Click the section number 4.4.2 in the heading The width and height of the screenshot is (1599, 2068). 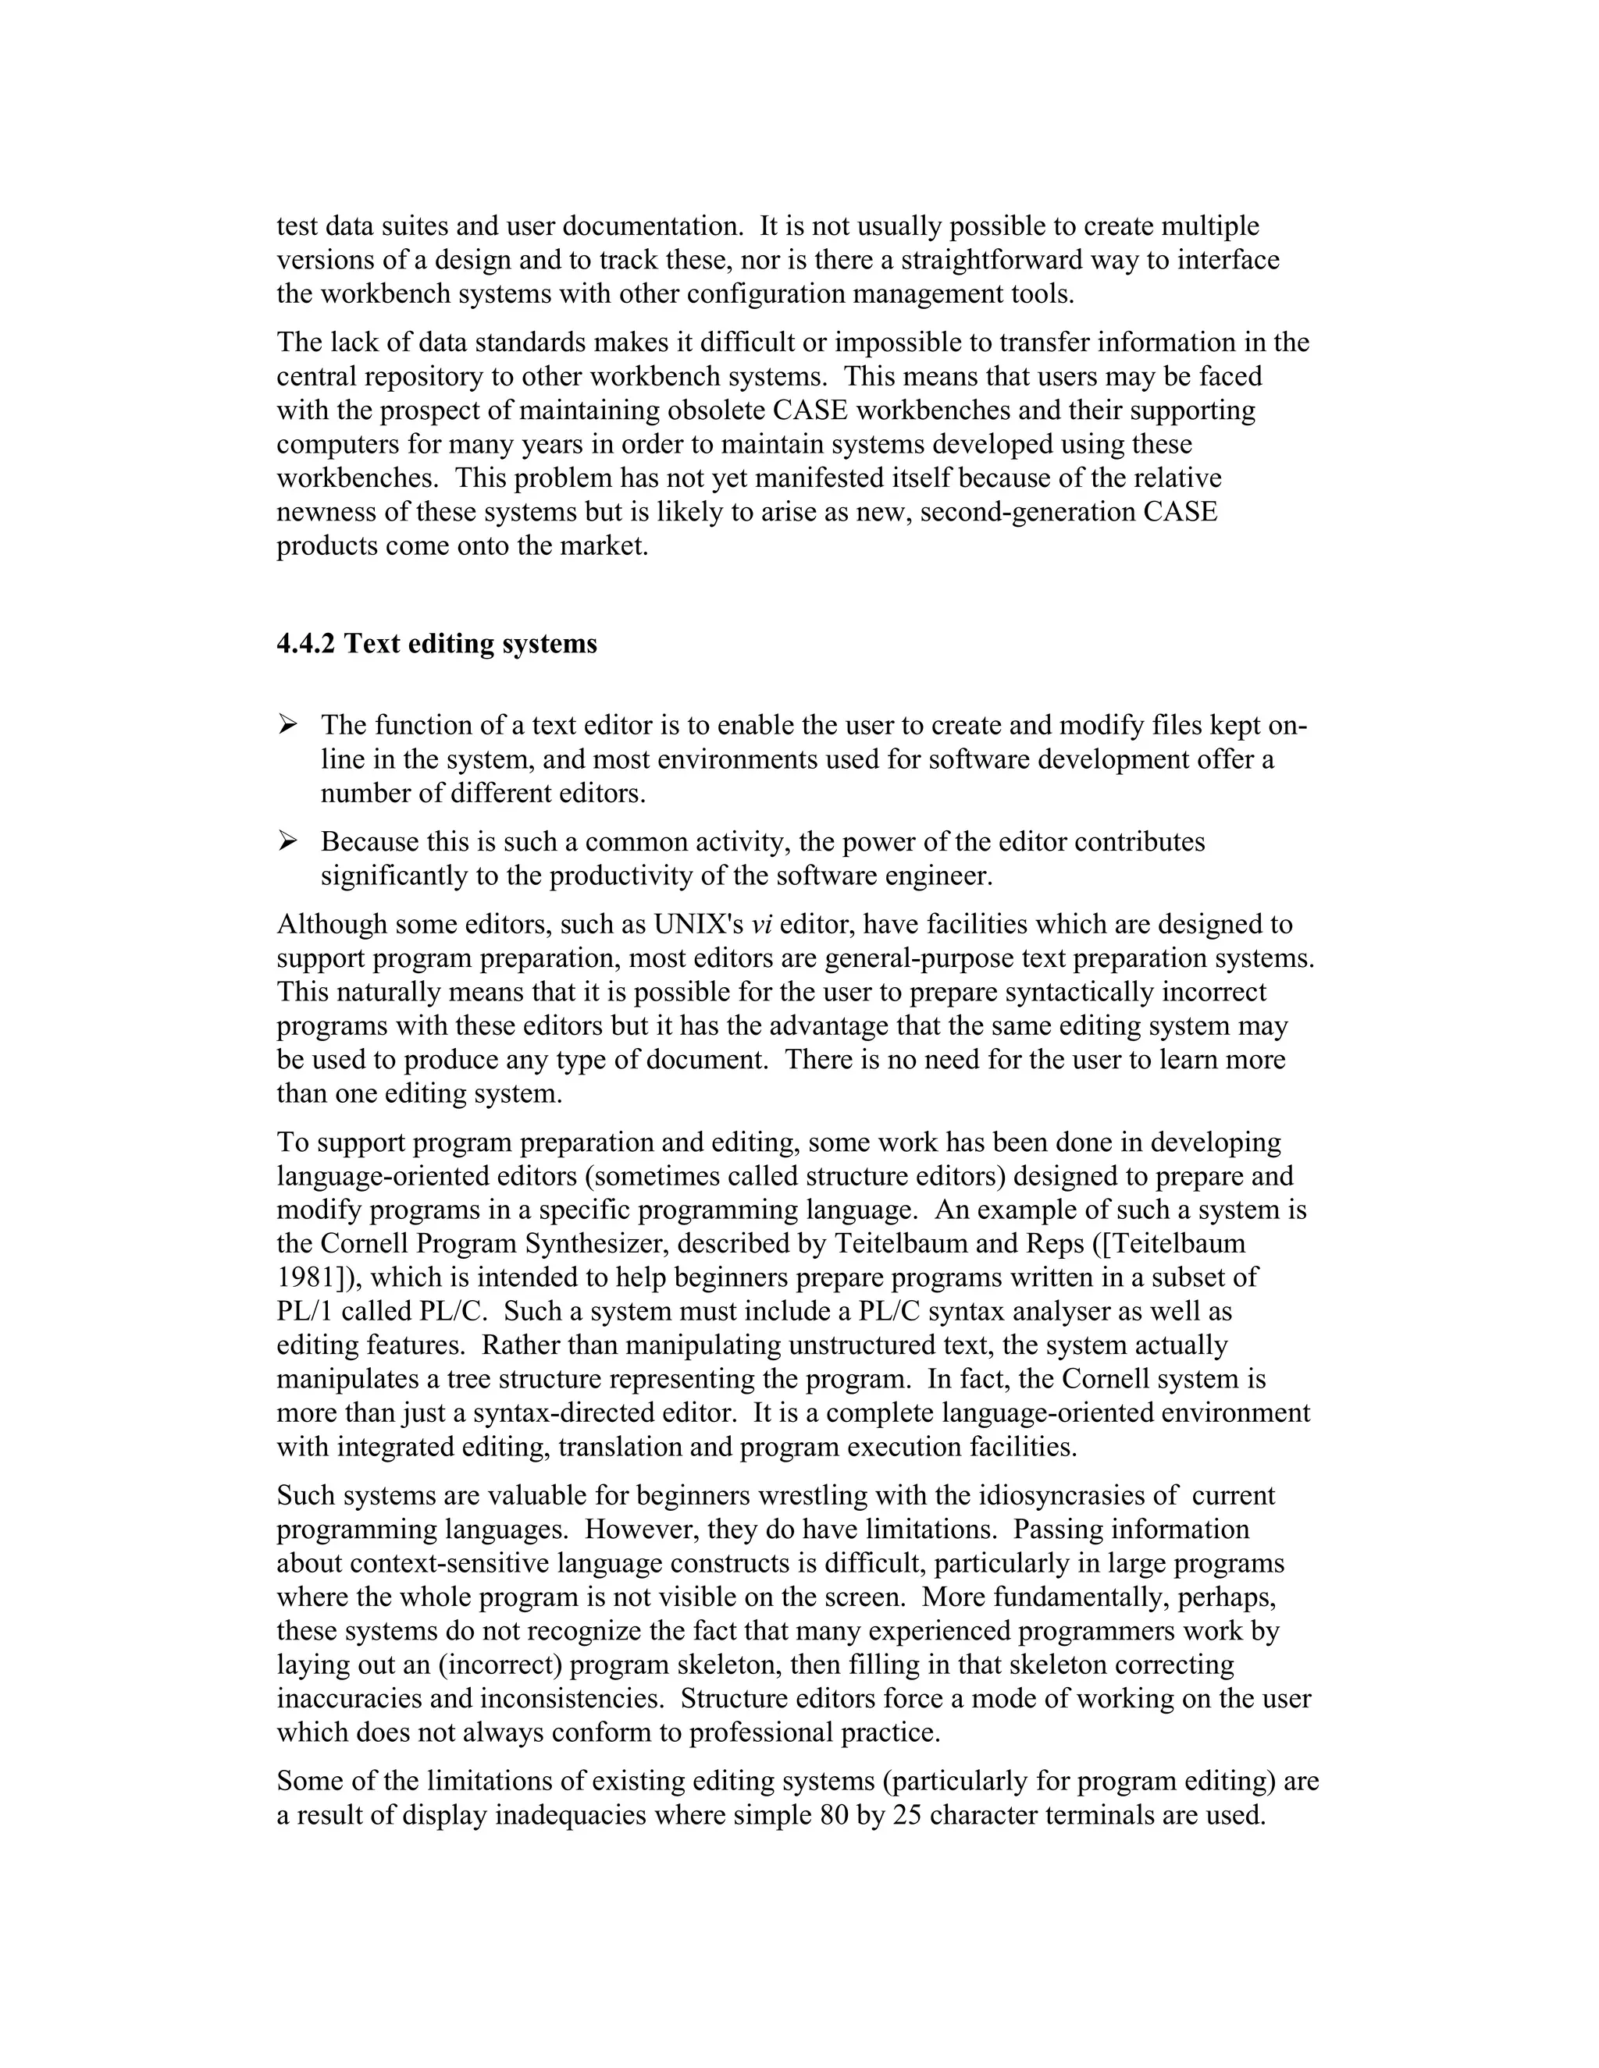pyautogui.click(x=305, y=644)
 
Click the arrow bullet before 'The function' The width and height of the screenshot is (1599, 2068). pyautogui.click(x=288, y=725)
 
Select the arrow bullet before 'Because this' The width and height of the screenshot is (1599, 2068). pyautogui.click(x=288, y=840)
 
